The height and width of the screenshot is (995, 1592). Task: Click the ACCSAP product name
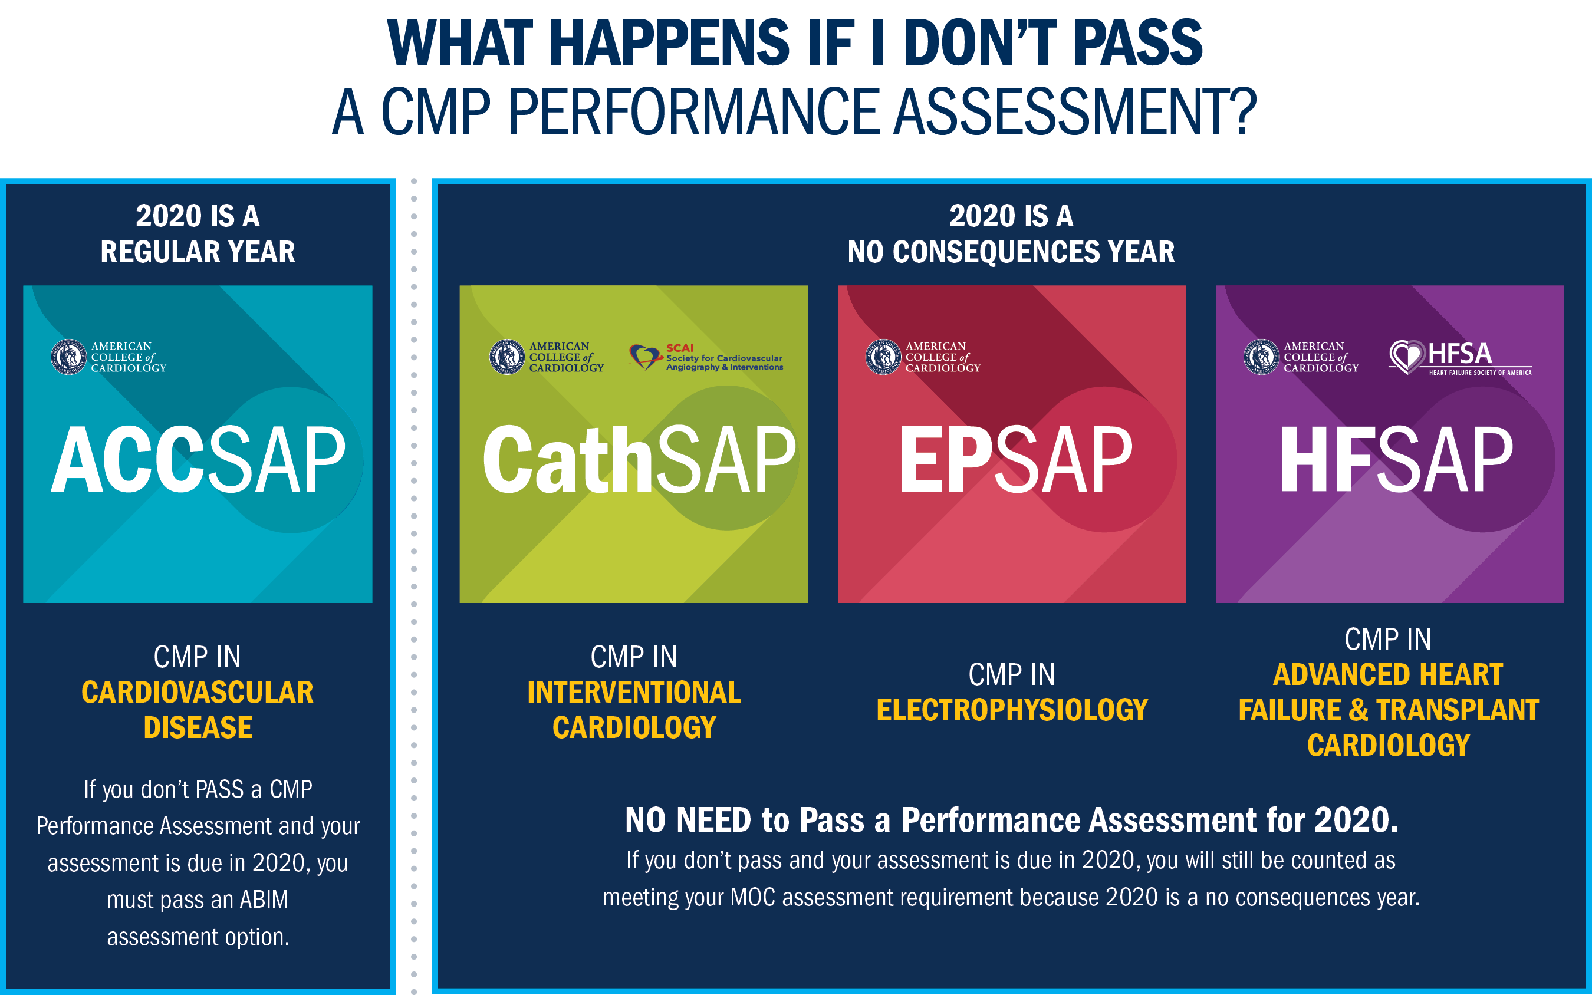(x=198, y=459)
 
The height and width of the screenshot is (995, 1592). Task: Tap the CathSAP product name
(x=639, y=459)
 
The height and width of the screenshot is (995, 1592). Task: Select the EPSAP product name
(x=1015, y=459)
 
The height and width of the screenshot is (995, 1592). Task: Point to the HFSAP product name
(x=1396, y=459)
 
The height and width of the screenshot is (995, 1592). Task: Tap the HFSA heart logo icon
(x=1406, y=357)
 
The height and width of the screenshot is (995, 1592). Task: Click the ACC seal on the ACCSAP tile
(x=68, y=357)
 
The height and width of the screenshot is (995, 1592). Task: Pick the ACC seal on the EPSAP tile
(x=883, y=357)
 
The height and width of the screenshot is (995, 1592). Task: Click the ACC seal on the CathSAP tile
(x=506, y=357)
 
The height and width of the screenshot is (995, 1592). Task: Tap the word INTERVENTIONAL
(x=634, y=692)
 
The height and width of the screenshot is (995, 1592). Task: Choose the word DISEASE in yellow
(x=198, y=728)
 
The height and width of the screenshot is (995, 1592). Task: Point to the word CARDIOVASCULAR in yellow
(x=198, y=692)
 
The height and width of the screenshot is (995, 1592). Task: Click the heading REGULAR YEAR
(x=198, y=252)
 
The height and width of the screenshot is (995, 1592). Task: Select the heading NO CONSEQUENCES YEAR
(x=1011, y=252)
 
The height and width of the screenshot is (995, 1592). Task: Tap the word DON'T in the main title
(x=981, y=43)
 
